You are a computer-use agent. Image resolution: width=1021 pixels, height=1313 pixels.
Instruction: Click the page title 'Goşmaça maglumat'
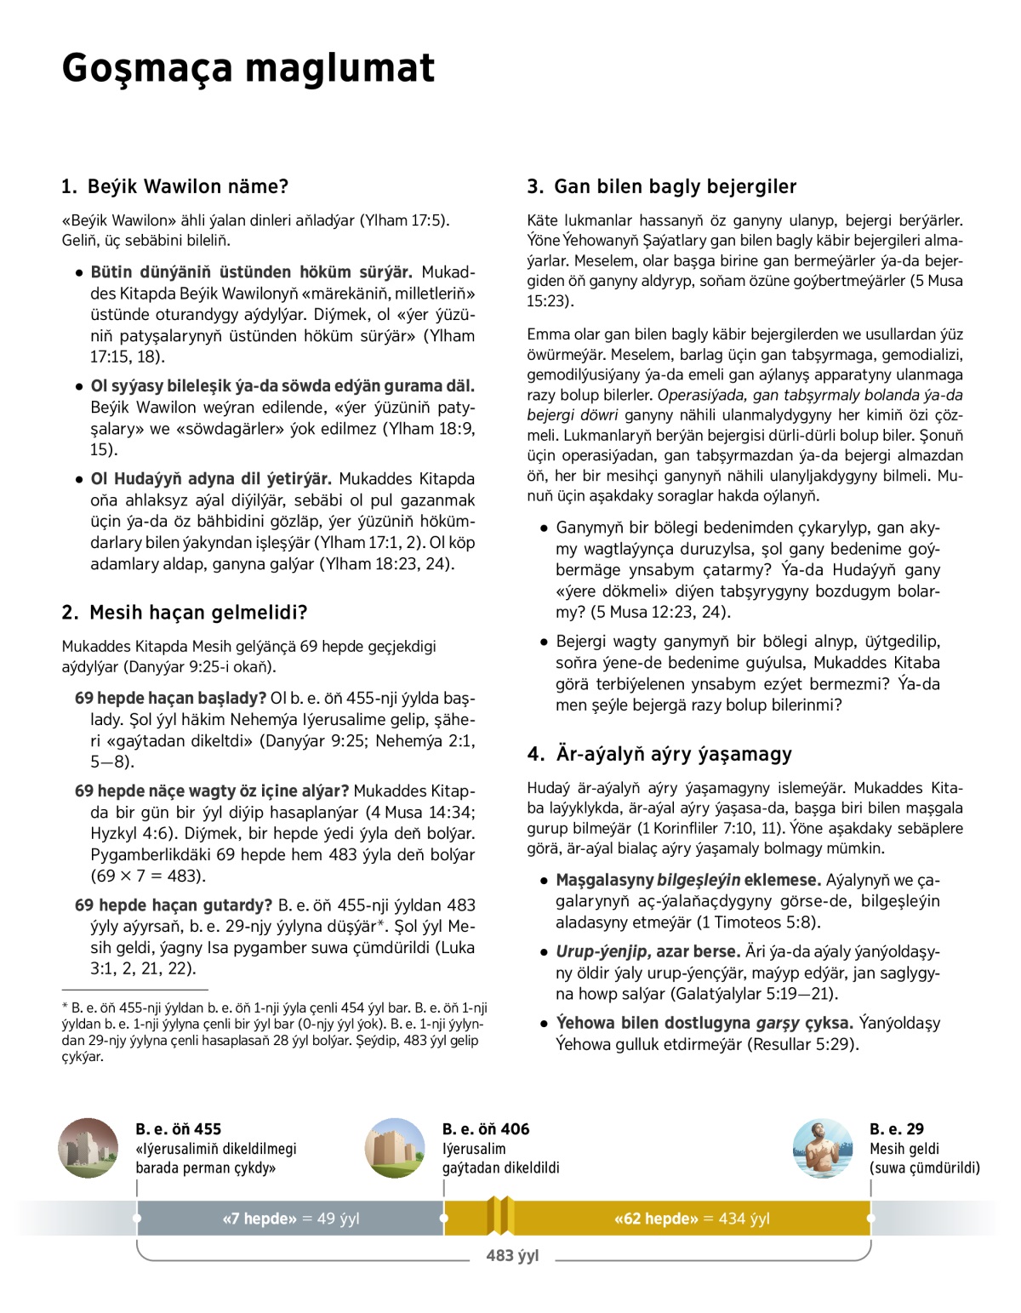coord(248,68)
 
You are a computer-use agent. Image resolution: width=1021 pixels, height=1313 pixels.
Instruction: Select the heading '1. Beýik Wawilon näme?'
coord(175,186)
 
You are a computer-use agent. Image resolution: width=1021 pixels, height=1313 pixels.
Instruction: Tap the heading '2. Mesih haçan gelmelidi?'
coord(185,613)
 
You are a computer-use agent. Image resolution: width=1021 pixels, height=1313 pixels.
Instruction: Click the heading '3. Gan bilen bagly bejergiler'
coord(662,186)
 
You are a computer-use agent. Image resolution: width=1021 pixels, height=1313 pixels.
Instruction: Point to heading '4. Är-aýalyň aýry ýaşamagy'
coord(659,754)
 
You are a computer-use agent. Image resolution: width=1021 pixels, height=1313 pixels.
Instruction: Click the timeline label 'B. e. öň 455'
coord(178,1129)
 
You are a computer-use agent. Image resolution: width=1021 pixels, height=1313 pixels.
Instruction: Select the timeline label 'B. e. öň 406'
coord(485,1129)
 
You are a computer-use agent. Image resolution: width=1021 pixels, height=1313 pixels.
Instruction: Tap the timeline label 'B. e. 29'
coord(896,1129)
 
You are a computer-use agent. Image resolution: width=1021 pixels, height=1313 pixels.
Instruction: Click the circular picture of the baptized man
coord(822,1148)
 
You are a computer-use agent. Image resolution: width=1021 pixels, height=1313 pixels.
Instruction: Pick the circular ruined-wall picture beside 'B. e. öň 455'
coord(88,1148)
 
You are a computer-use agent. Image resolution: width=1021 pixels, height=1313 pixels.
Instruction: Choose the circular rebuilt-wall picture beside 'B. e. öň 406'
coord(395,1148)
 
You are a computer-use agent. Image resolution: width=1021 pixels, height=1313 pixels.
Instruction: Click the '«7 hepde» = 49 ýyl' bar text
coord(290,1219)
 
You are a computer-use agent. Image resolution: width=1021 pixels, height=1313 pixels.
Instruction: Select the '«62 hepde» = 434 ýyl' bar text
coord(691,1219)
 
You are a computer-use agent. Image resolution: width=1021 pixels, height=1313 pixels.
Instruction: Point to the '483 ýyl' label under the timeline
coord(512,1255)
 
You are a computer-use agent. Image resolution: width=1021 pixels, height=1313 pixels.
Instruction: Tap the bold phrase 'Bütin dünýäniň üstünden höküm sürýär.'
coord(251,272)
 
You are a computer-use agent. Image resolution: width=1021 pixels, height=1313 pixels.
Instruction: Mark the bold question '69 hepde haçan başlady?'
coord(171,698)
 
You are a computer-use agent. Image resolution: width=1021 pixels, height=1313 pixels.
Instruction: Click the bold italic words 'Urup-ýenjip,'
coord(604,951)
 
